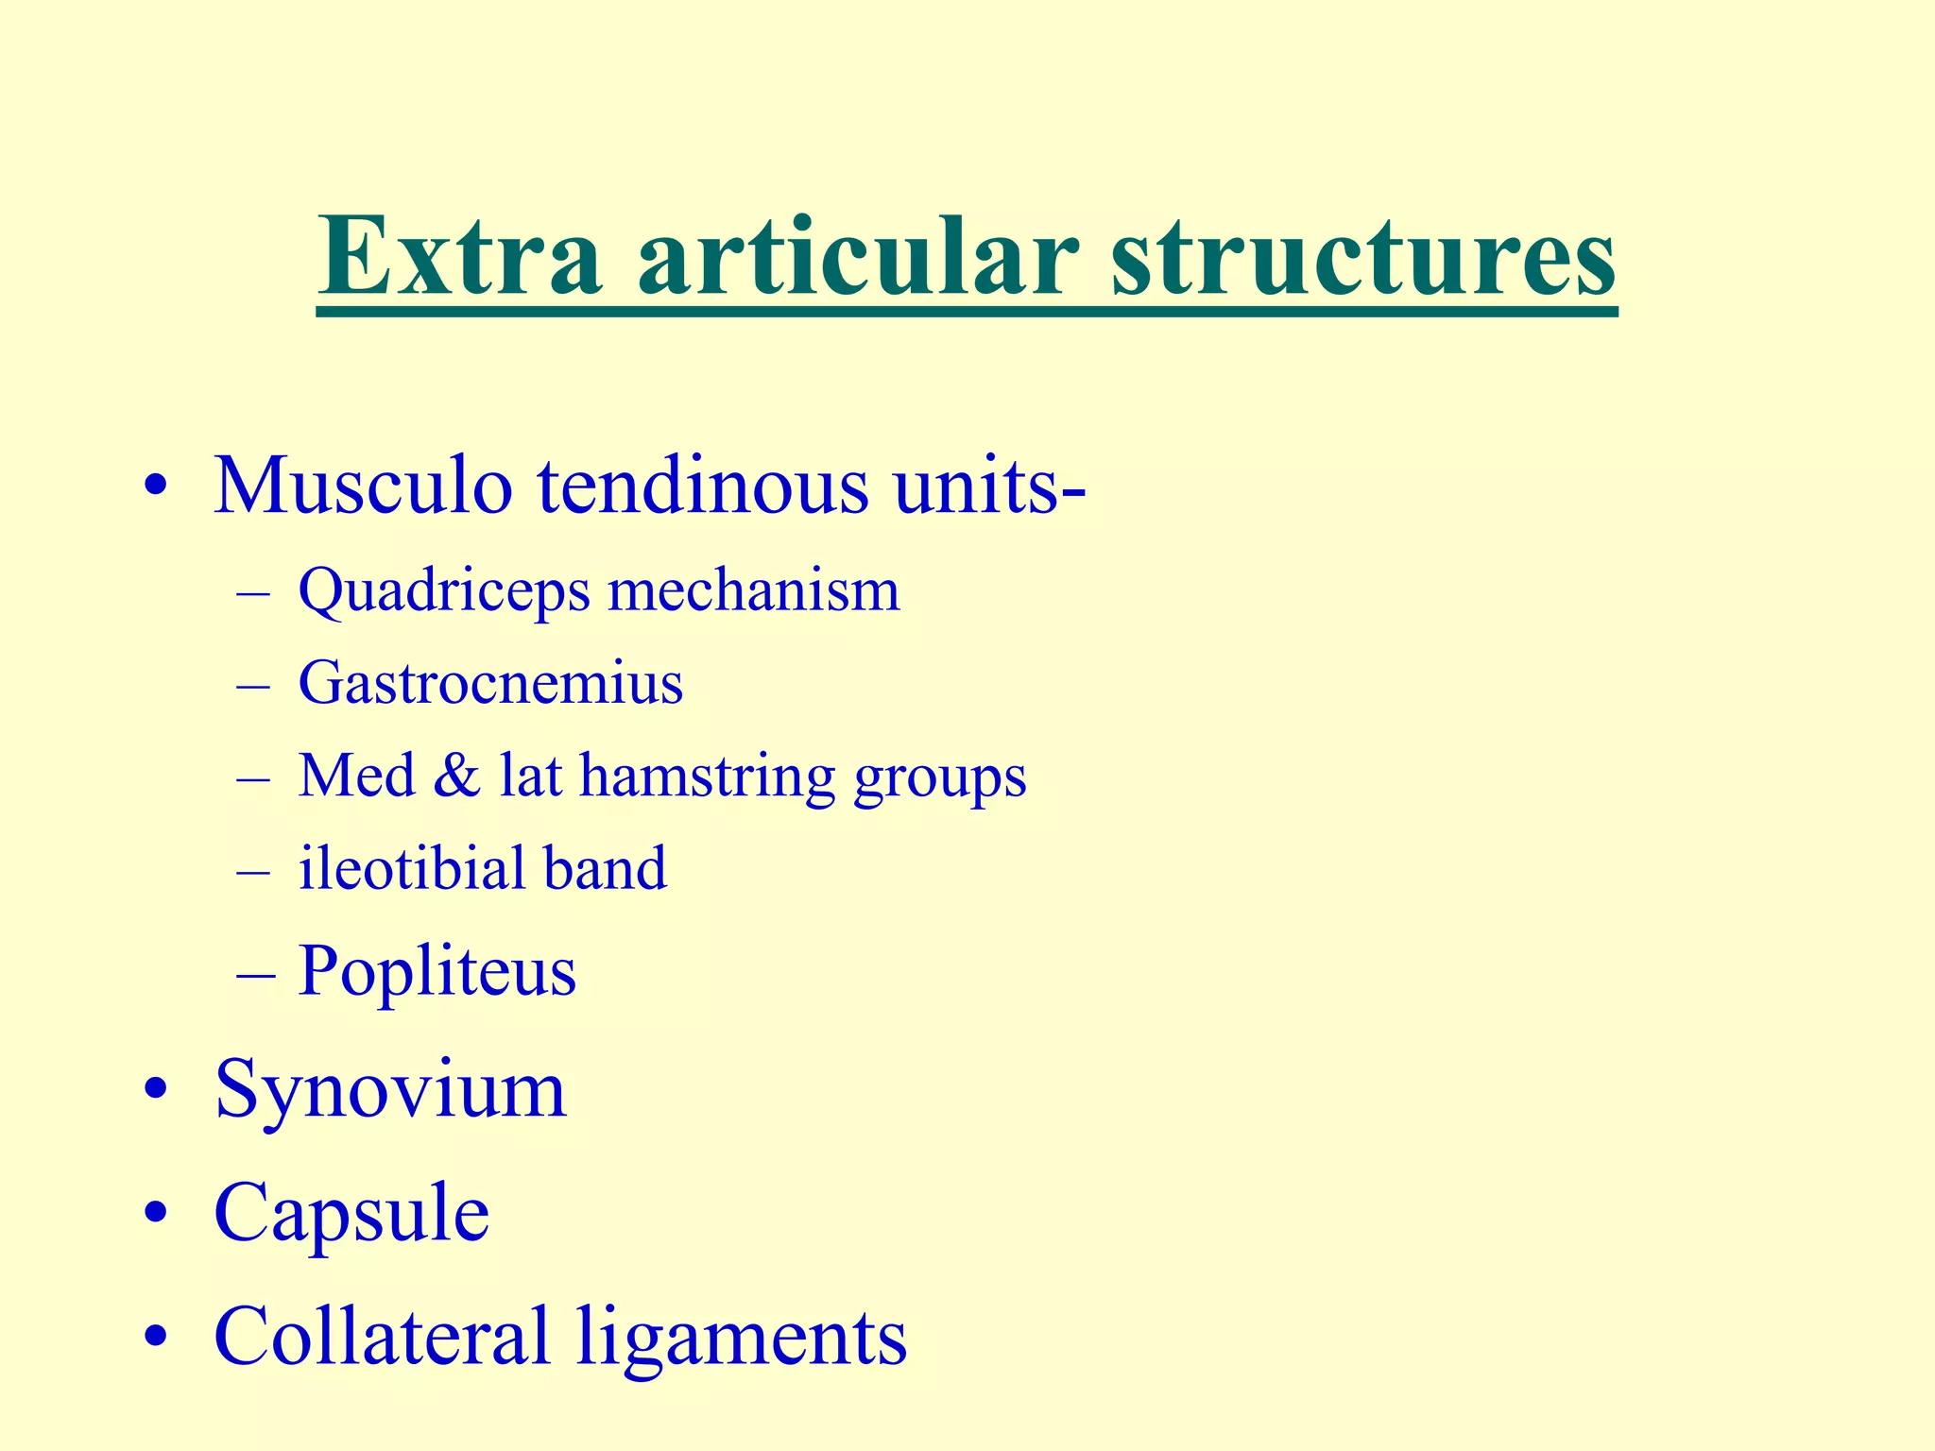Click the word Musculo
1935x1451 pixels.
coord(364,487)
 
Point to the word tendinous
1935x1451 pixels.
coord(703,487)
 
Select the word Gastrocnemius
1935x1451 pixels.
coord(490,682)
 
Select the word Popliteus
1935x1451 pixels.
coord(437,971)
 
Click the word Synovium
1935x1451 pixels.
coord(390,1090)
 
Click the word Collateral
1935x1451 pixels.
coord(383,1336)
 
